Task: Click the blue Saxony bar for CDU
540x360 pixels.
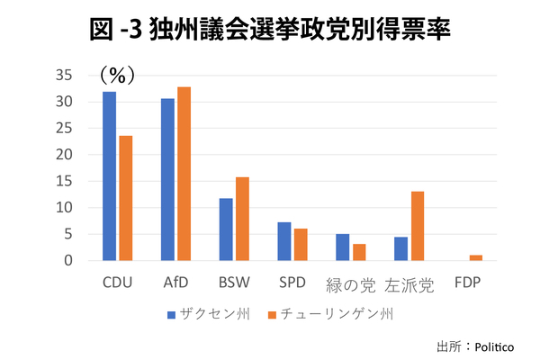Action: [x=109, y=176]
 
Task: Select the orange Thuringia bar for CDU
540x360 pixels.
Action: [x=125, y=198]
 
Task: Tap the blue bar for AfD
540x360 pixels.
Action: [x=167, y=179]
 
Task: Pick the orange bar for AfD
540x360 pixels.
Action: [x=184, y=174]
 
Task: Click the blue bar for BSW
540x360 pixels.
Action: [x=226, y=229]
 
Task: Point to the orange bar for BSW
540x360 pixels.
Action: [x=242, y=219]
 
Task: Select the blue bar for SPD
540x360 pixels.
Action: [x=283, y=241]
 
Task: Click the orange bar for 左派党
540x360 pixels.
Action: [x=418, y=226]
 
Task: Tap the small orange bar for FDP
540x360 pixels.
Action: [x=476, y=257]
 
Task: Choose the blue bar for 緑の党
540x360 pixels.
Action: [x=342, y=247]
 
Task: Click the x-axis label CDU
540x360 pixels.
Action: [x=117, y=283]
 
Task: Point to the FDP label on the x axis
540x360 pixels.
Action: [x=468, y=283]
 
